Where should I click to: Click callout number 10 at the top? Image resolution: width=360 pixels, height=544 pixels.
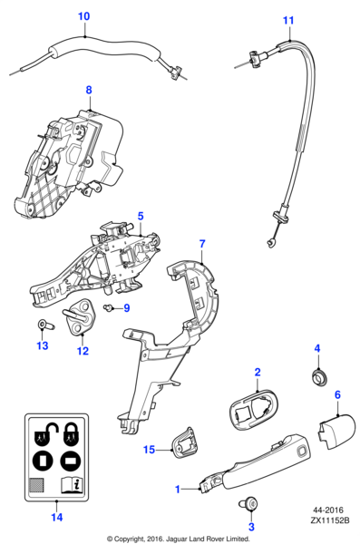click(x=83, y=16)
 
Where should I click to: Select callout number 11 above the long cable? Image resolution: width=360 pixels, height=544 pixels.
click(x=288, y=20)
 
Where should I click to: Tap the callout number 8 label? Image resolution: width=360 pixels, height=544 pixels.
click(x=89, y=90)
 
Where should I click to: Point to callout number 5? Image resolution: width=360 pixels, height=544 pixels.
click(x=141, y=216)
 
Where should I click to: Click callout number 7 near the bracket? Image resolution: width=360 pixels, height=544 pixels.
click(x=202, y=244)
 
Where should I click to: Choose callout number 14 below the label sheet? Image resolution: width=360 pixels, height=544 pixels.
click(x=57, y=518)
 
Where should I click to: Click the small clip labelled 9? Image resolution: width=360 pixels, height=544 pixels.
click(x=109, y=308)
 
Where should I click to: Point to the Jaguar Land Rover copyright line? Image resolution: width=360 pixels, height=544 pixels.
click(x=179, y=537)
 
